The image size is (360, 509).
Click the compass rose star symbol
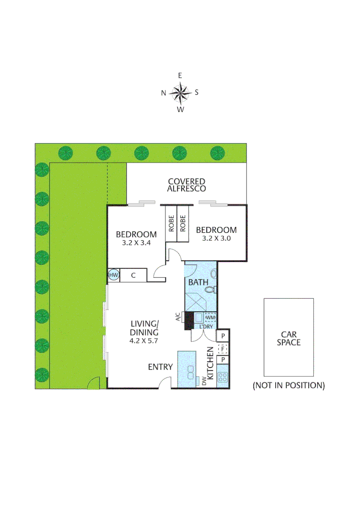pyautogui.click(x=180, y=92)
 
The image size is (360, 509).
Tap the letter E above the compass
pyautogui.click(x=180, y=75)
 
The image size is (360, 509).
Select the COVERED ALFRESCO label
pyautogui.click(x=187, y=185)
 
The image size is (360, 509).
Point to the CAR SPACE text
pyautogui.click(x=288, y=338)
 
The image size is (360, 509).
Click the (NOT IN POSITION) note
pyautogui.click(x=288, y=386)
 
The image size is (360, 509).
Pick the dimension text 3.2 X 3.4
pyautogui.click(x=136, y=243)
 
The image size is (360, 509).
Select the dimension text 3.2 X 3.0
pyautogui.click(x=216, y=239)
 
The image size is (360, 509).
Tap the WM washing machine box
pyautogui.click(x=210, y=318)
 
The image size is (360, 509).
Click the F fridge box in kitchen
pyautogui.click(x=222, y=349)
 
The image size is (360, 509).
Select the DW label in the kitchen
pyautogui.click(x=205, y=381)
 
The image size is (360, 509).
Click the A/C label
pyautogui.click(x=178, y=318)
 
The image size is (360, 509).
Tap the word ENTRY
pyautogui.click(x=160, y=367)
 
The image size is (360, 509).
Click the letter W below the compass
pyautogui.click(x=180, y=110)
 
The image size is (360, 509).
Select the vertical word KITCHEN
pyautogui.click(x=211, y=363)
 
